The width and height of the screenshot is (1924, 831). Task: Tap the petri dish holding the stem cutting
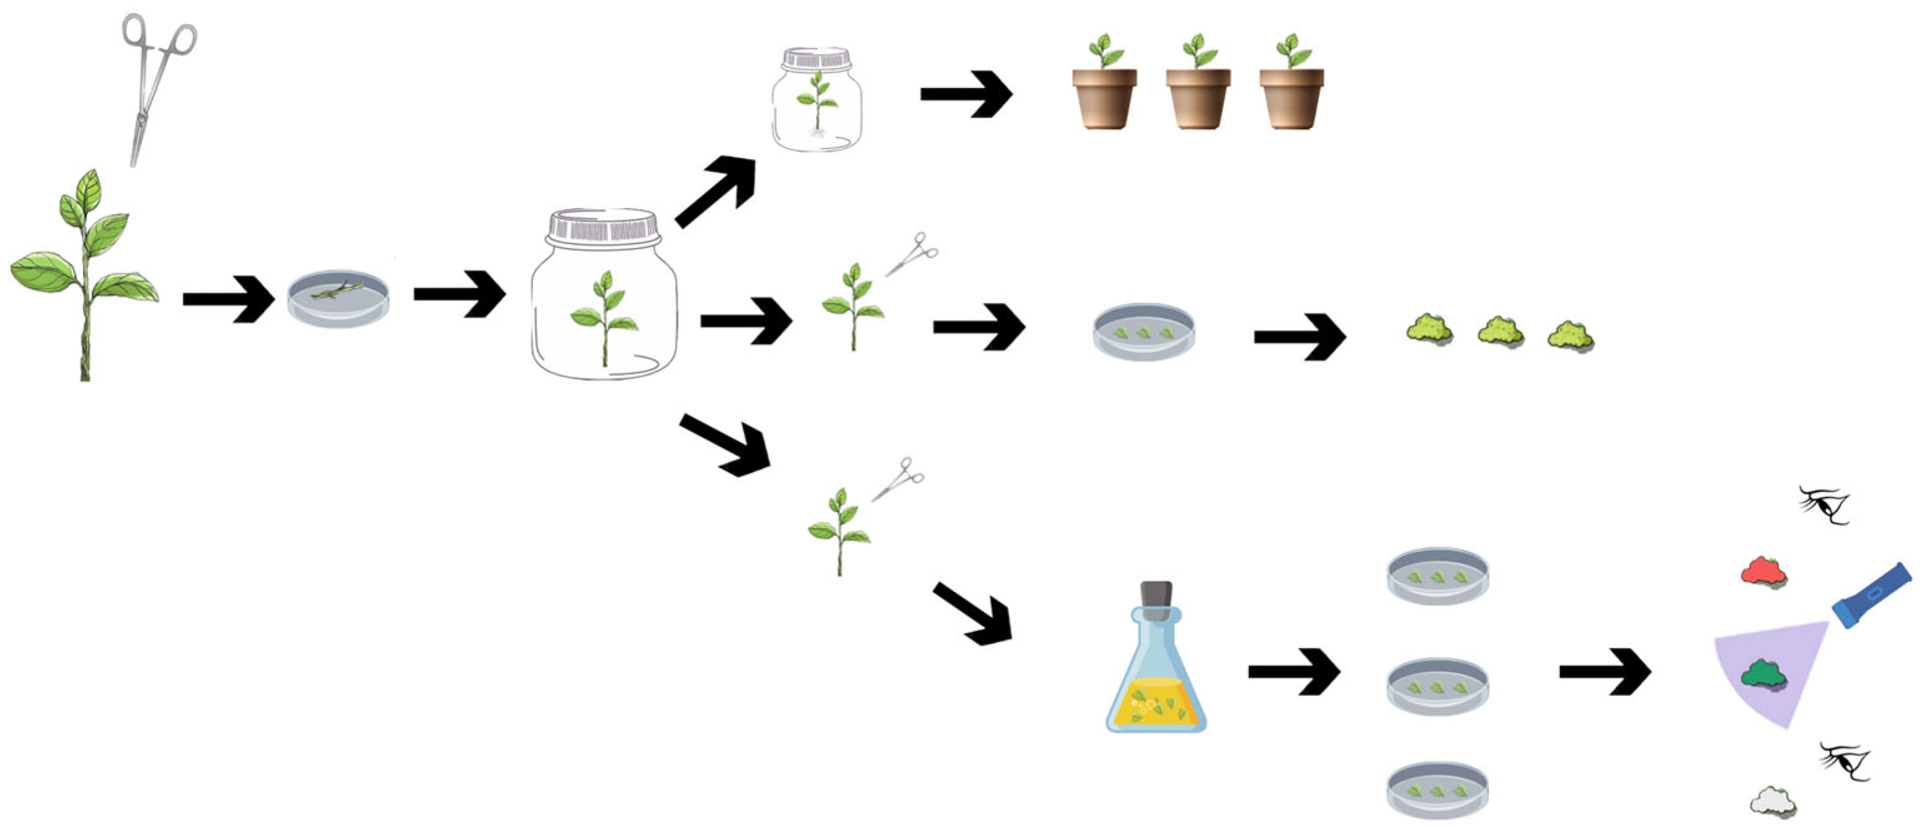click(x=338, y=298)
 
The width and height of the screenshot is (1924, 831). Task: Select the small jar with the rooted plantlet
click(x=817, y=101)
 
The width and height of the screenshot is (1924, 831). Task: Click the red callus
click(x=1764, y=572)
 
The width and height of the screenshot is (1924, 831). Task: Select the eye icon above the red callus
click(x=1825, y=506)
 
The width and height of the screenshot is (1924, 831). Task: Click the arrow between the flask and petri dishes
click(x=1294, y=671)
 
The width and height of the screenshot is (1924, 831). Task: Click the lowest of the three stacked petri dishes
click(x=1438, y=789)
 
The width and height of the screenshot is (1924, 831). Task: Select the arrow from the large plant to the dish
click(x=229, y=298)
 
